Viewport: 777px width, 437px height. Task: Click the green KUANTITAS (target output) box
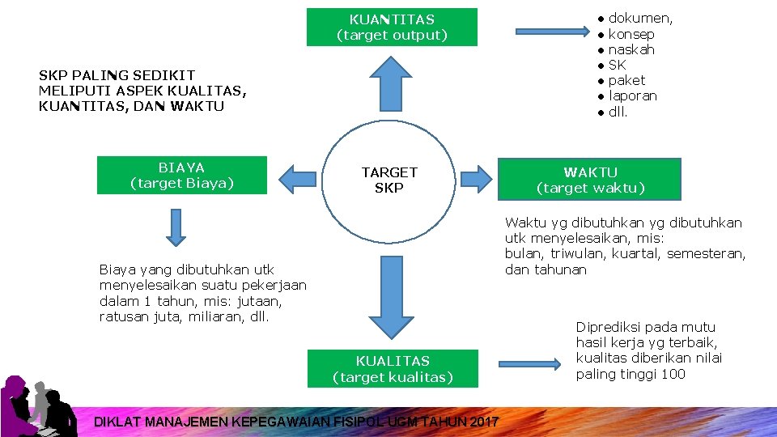click(392, 27)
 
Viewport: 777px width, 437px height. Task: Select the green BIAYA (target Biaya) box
click(181, 176)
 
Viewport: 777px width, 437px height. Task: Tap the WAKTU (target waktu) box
click(590, 180)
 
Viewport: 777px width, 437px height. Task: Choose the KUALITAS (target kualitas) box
click(393, 369)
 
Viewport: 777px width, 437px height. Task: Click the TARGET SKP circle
click(389, 180)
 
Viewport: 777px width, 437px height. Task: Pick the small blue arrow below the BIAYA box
click(176, 226)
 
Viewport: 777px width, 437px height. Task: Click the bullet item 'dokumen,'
click(639, 19)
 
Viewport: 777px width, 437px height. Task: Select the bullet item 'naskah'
click(631, 49)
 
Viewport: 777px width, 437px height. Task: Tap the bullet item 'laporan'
click(632, 95)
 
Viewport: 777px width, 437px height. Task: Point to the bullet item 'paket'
click(626, 80)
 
